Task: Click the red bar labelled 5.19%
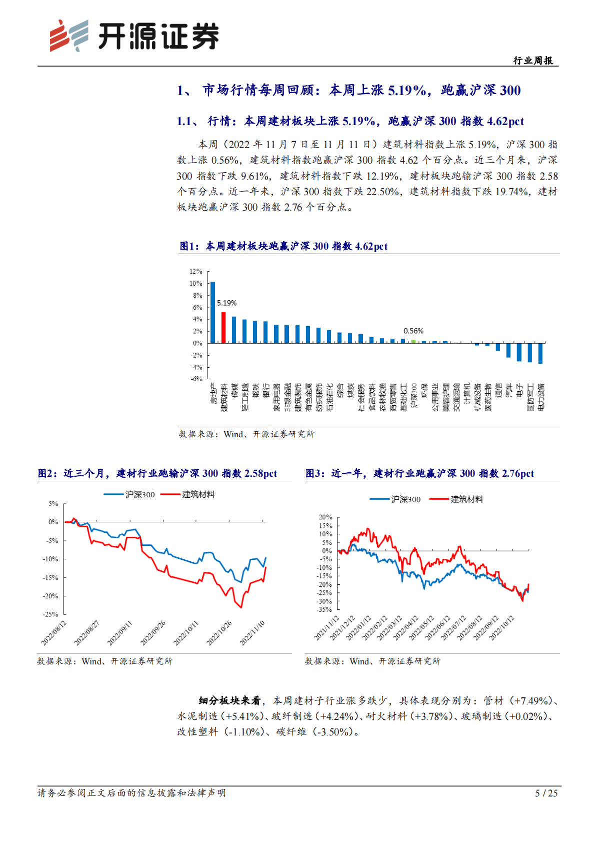pos(223,328)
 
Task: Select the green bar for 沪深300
pos(413,341)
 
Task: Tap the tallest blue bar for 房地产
pos(213,312)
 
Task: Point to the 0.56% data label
pos(413,331)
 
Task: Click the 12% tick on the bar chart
pos(195,271)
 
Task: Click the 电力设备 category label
pos(541,398)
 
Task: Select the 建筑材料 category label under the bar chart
pos(224,398)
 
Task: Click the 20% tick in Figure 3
pos(325,517)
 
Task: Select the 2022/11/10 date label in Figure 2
pos(252,633)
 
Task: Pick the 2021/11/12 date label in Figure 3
pos(326,628)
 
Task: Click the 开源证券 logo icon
pos(69,36)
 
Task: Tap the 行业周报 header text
pos(533,61)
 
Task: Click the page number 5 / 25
pos(546,793)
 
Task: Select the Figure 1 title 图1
pos(189,246)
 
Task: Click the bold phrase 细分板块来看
pos(229,700)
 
